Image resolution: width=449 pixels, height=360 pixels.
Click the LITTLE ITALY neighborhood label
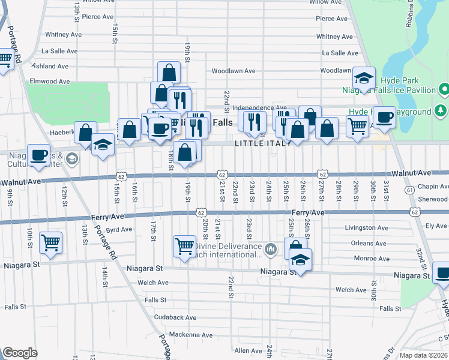[263, 143]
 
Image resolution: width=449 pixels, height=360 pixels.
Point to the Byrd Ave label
[118, 229]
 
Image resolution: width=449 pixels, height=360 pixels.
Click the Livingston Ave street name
[367, 228]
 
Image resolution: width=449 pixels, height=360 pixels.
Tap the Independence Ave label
[256, 107]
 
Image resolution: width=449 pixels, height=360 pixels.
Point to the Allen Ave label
[249, 350]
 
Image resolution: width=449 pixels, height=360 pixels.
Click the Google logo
[20, 353]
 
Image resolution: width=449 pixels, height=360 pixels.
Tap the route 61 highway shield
[409, 190]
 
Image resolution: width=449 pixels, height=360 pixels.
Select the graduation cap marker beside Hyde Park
[364, 79]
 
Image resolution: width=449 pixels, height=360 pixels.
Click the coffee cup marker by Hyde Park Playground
[384, 117]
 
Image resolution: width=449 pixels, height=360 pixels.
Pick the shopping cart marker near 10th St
[51, 243]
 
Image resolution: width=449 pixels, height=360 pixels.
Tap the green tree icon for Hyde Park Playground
[441, 111]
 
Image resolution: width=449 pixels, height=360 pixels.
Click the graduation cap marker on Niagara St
[300, 260]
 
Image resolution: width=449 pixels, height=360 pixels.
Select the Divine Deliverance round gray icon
[271, 248]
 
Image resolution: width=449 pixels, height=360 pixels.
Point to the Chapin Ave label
[433, 187]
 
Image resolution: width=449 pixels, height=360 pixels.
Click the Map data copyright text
[424, 355]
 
